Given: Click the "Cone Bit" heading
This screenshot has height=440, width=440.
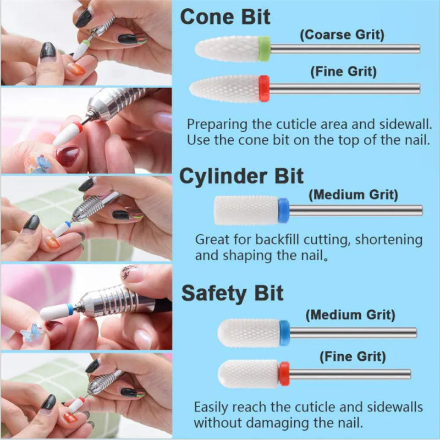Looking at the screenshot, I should [226, 16].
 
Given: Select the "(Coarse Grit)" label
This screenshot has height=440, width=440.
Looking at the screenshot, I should [342, 35].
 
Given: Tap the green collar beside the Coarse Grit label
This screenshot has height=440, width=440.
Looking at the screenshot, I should [264, 48].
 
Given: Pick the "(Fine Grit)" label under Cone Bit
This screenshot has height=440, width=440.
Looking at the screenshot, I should [343, 71].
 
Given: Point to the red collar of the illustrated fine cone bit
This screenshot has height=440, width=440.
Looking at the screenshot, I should [265, 88].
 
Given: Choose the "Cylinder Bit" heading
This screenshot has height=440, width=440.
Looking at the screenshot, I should [241, 177].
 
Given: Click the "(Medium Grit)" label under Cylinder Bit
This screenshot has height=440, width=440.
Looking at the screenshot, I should [354, 195].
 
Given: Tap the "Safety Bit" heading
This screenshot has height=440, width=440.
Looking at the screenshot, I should [232, 293].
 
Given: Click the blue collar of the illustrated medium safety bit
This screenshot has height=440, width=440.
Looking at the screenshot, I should [284, 333].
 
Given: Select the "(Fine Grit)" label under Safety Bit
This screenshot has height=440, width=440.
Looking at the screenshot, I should [351, 356].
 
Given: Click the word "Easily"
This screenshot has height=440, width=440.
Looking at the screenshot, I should [212, 407].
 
